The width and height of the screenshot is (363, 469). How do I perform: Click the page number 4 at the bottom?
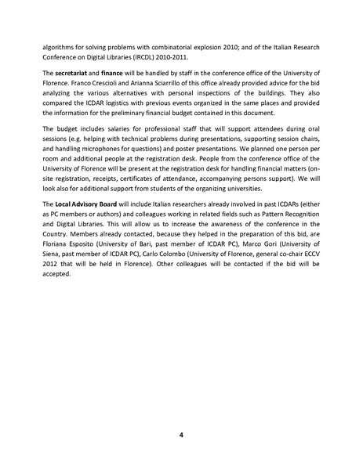[x=181, y=435]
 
